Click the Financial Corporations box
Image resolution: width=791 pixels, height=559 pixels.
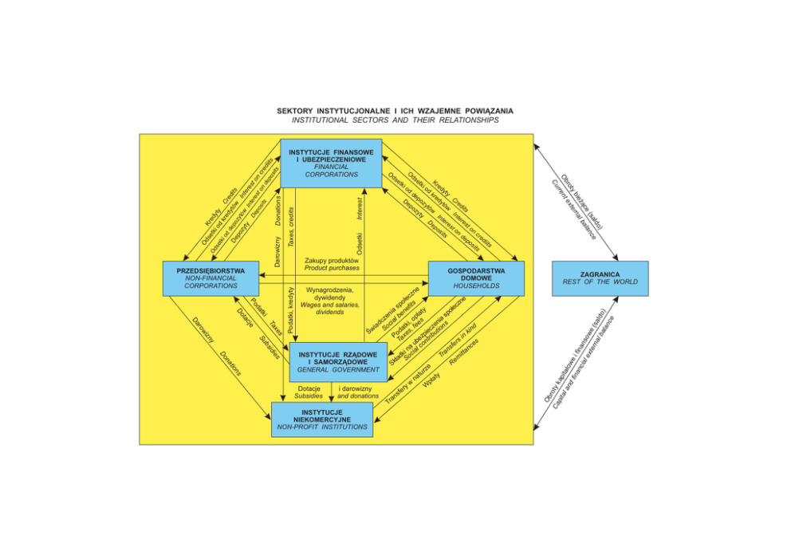coord(331,163)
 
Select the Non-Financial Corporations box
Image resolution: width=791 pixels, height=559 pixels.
coord(211,278)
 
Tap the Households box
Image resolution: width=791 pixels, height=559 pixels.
coord(476,278)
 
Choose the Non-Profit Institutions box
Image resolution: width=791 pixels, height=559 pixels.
coord(322,419)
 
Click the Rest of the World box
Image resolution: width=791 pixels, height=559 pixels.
coord(600,278)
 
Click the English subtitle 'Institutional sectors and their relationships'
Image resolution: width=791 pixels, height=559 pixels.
coord(395,120)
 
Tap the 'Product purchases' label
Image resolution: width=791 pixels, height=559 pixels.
coord(332,269)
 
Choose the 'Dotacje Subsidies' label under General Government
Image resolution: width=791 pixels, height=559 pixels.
coord(309,392)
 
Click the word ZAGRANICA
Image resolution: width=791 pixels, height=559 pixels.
coord(600,273)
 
